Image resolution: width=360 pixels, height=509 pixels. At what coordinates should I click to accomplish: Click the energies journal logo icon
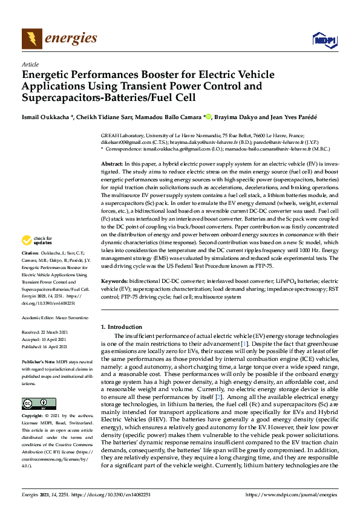[31, 39]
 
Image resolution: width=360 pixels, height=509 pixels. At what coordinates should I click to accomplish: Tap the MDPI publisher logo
[323, 40]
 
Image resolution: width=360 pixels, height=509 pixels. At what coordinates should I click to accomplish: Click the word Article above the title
[30, 64]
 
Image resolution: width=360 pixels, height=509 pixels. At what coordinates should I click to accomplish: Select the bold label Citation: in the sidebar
[30, 269]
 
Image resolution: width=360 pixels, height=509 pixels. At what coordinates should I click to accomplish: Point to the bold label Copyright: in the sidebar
[31, 417]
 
